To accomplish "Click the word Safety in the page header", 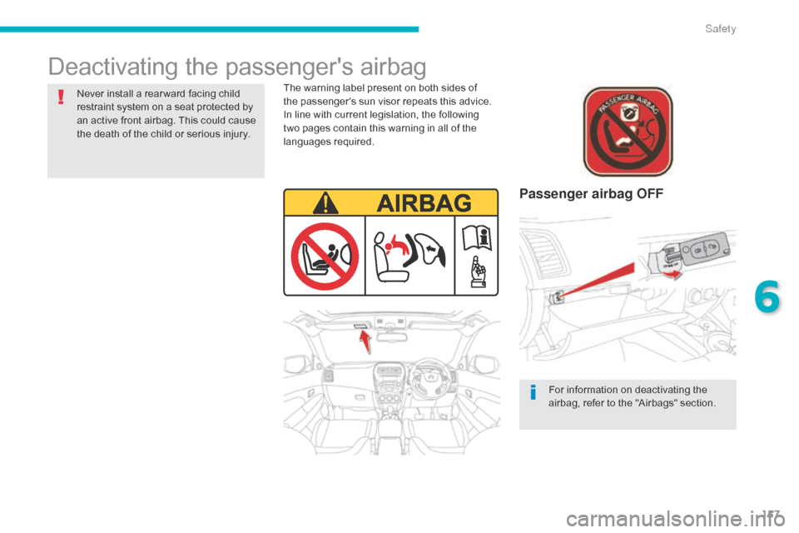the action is click(720, 28).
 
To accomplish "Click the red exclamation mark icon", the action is click(61, 97).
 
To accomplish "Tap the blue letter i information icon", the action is click(533, 392).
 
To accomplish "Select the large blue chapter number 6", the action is click(767, 296).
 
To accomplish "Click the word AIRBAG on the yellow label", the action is click(424, 203).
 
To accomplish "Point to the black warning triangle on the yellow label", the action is click(325, 203).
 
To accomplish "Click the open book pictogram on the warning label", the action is click(477, 238).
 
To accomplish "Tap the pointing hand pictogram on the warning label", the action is click(478, 271).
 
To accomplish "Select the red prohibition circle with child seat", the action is click(325, 256).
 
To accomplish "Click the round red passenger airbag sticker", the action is click(628, 131).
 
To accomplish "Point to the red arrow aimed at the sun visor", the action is click(365, 341).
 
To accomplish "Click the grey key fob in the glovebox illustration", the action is click(705, 249).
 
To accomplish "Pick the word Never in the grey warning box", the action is click(90, 94).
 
